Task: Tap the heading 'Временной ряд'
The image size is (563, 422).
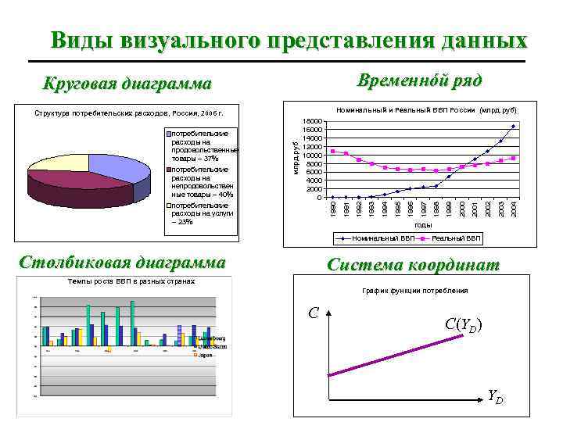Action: pyautogui.click(x=419, y=80)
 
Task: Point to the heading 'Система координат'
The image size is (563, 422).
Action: pyautogui.click(x=413, y=265)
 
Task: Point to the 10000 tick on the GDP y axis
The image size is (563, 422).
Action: pyautogui.click(x=313, y=156)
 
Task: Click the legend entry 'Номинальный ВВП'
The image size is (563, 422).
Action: pyautogui.click(x=382, y=238)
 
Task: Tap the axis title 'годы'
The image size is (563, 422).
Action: pyautogui.click(x=423, y=225)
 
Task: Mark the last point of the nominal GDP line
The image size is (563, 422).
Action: pyautogui.click(x=514, y=126)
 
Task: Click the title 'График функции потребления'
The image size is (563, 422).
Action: pyautogui.click(x=415, y=291)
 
